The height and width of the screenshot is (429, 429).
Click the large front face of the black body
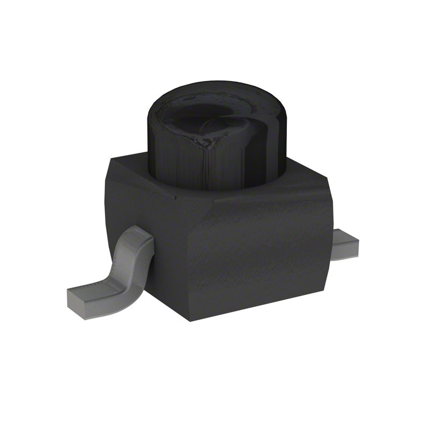(257, 257)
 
